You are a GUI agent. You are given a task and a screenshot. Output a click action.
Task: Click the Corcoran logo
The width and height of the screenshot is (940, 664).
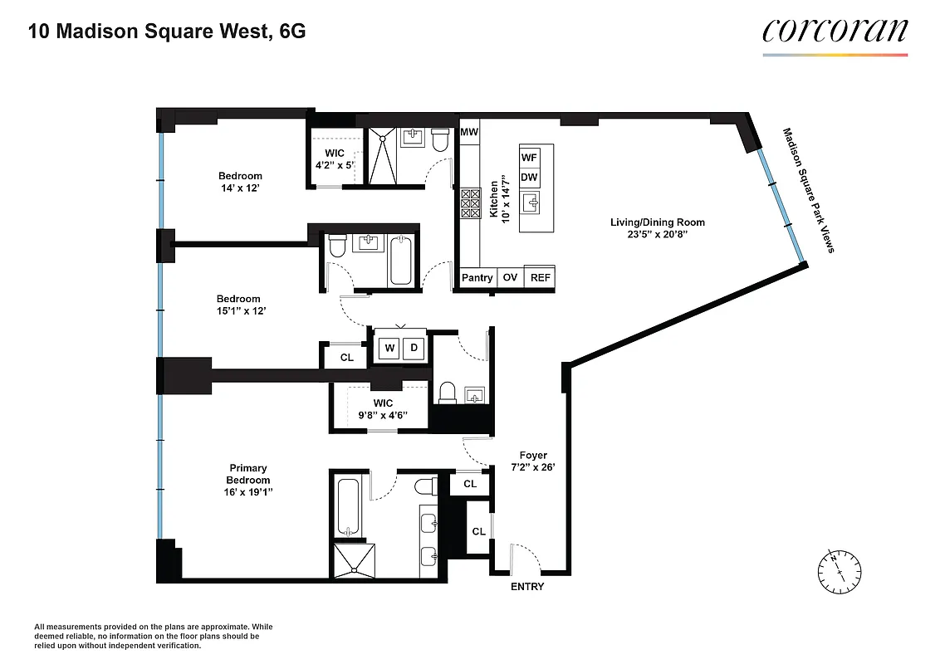[x=835, y=32]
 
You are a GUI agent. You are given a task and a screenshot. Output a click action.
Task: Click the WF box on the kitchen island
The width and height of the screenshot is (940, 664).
[x=529, y=157]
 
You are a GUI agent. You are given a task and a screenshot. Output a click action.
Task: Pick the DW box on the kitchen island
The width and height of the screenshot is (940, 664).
[x=529, y=177]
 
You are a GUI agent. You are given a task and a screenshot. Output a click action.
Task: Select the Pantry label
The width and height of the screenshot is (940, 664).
[x=477, y=278]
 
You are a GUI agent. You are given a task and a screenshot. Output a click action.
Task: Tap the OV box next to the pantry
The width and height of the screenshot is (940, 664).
[x=510, y=278]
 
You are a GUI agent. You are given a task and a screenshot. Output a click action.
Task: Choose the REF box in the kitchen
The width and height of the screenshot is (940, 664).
[x=540, y=278]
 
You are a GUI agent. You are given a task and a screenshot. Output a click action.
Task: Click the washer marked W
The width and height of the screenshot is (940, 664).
[x=389, y=349]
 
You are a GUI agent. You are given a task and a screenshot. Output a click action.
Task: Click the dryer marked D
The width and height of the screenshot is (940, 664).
[x=413, y=349]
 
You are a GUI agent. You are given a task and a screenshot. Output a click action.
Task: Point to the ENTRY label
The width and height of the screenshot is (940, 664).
[x=527, y=587]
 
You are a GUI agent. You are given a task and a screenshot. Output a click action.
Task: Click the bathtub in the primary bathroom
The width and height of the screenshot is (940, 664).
[x=347, y=507]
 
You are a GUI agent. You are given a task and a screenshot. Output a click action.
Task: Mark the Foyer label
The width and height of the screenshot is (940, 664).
[x=533, y=455]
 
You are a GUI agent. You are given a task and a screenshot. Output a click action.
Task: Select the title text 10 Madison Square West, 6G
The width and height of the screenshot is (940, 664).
[x=167, y=32]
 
